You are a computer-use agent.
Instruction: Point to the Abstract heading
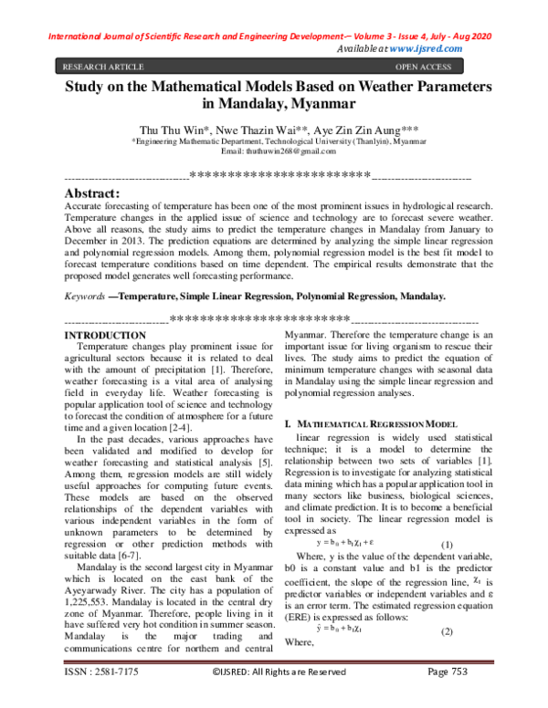point(91,193)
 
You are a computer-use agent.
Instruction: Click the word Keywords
point(83,297)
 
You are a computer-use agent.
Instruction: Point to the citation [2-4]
point(167,425)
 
